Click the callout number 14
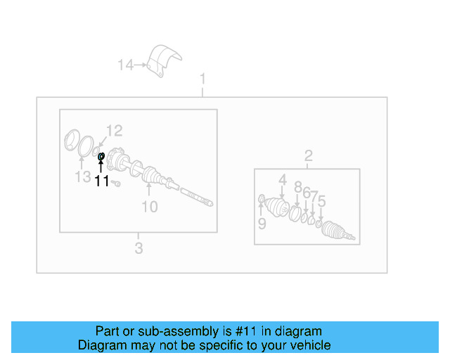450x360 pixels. point(125,65)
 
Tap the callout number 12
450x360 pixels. point(114,130)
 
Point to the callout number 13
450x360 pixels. point(82,176)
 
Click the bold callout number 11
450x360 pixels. point(102,181)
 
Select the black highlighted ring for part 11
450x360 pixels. point(101,156)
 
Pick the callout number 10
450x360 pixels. point(150,206)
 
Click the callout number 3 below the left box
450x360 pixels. point(139,247)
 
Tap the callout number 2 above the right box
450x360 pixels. point(308,155)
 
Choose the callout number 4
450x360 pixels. point(282,180)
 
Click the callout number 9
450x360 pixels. point(262,224)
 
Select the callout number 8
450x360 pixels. point(298,187)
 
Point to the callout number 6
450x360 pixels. point(307,193)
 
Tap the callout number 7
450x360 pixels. point(314,195)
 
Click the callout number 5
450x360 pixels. point(321,202)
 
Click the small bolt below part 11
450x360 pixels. point(117,183)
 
